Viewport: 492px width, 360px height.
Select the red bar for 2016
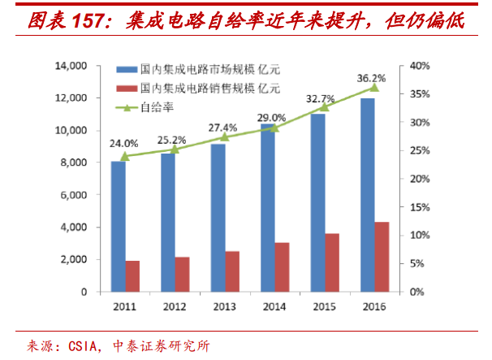click(x=381, y=256)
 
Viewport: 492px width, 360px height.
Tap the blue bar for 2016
click(x=367, y=195)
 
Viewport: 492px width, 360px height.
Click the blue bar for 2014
click(x=267, y=207)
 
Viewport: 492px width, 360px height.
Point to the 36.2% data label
click(x=370, y=79)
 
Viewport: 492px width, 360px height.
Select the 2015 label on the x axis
click(x=324, y=307)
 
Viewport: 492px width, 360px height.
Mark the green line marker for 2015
click(x=324, y=106)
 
